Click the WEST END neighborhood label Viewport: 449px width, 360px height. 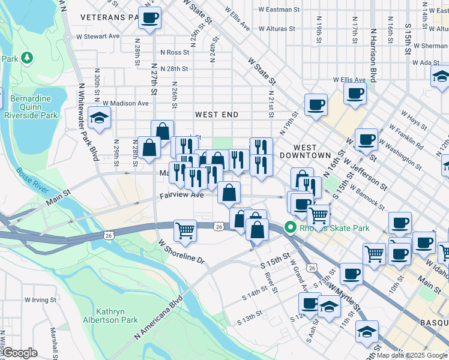(x=216, y=115)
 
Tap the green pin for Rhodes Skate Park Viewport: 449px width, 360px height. (x=291, y=227)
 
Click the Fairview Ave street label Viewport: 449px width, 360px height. (x=182, y=196)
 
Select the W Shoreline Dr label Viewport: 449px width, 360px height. (x=181, y=253)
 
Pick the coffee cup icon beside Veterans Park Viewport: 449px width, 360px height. (x=149, y=17)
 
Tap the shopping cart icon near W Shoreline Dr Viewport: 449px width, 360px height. (x=185, y=230)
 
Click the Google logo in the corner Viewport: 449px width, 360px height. (x=20, y=353)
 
